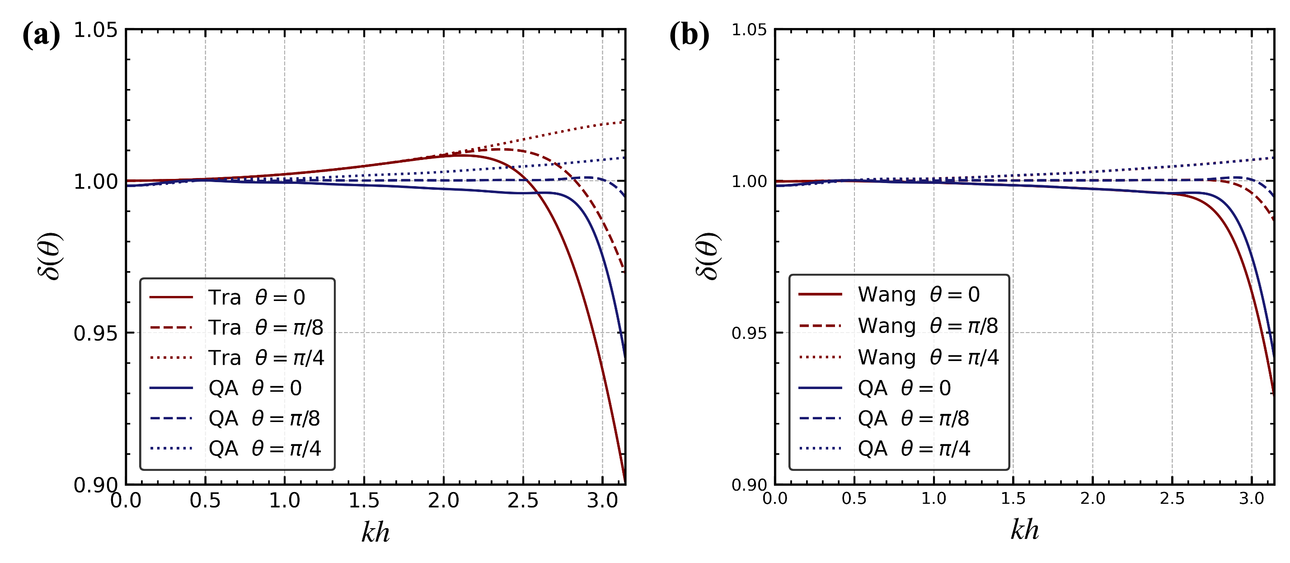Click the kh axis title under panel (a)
point(375,532)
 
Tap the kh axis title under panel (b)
point(1025,530)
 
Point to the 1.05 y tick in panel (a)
point(95,30)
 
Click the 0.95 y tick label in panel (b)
point(749,333)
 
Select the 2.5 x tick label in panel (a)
point(523,500)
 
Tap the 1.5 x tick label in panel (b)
point(1013,498)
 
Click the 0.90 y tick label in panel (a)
point(95,485)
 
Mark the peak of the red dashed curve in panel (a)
point(501,149)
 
